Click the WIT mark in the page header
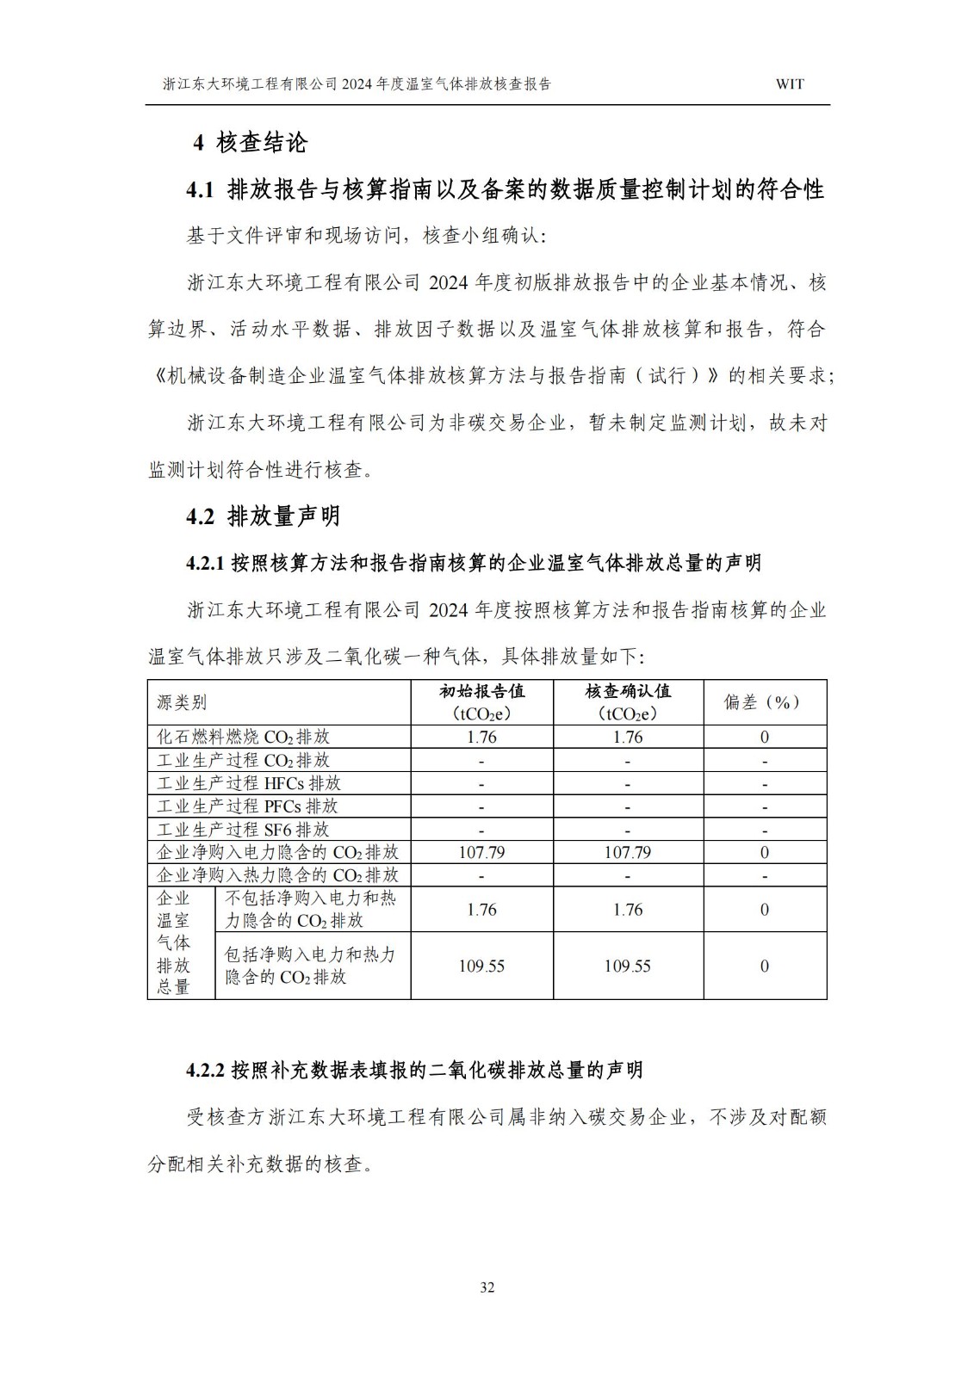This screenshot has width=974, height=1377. tap(790, 84)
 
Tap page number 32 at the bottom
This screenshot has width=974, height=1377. tap(487, 1287)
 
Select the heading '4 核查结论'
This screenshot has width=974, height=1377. tap(250, 143)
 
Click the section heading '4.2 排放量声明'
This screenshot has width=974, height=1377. tap(264, 516)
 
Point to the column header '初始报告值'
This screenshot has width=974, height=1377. tap(481, 692)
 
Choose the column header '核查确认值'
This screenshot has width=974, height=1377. tap(628, 692)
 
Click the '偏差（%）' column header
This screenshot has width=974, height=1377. tap(764, 702)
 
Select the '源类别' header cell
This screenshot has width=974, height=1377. tap(182, 702)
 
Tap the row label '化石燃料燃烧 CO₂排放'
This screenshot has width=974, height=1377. tap(244, 738)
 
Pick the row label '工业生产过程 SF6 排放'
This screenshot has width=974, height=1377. tap(244, 830)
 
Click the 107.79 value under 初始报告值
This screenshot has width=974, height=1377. tap(481, 853)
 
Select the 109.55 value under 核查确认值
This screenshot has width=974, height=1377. tap(628, 966)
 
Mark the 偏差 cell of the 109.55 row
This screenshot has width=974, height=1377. tap(764, 966)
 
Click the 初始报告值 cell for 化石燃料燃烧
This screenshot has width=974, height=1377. tap(481, 738)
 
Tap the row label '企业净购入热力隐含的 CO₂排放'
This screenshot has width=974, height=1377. tap(277, 875)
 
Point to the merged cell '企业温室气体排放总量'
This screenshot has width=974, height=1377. tap(174, 943)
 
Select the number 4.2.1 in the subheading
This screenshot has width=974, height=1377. tap(205, 564)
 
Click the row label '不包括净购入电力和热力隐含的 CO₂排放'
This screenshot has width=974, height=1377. tap(311, 910)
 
